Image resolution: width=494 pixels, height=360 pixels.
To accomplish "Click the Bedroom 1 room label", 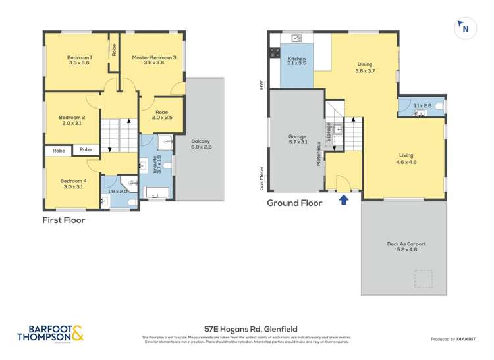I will pyautogui.click(x=79, y=61).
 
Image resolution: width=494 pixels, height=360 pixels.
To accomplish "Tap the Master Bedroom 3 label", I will pyautogui.click(x=154, y=61).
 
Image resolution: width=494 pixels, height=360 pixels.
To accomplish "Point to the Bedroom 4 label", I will pyautogui.click(x=72, y=184).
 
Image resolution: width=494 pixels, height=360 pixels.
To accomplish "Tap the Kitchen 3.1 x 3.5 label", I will pyautogui.click(x=297, y=64).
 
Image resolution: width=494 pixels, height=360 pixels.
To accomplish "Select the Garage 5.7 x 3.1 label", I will pyautogui.click(x=298, y=140).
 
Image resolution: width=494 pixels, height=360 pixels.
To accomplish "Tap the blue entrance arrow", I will pyautogui.click(x=343, y=200).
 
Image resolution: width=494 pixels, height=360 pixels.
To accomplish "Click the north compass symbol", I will pyautogui.click(x=464, y=28).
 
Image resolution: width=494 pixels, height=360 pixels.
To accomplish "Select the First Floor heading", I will pyautogui.click(x=64, y=220).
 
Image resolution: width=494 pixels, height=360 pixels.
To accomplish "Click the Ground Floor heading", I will pyautogui.click(x=294, y=203).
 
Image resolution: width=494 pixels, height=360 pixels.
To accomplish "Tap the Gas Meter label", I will pyautogui.click(x=261, y=178).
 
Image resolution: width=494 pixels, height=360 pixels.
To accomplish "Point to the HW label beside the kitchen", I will pyautogui.click(x=261, y=85).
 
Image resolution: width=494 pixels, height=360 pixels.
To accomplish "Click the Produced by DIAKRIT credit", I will pyautogui.click(x=451, y=339).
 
